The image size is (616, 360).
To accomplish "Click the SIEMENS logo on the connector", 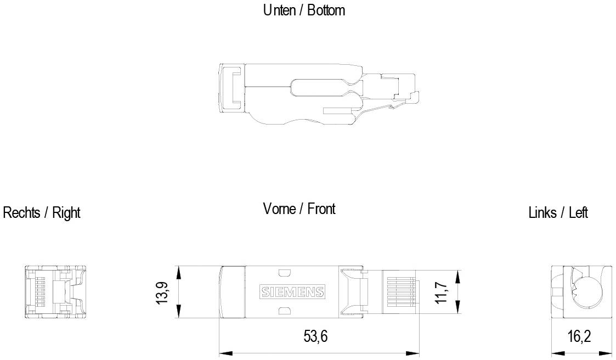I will [291, 292].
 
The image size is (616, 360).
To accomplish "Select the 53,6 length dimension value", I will [315, 336].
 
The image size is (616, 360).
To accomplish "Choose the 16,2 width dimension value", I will [579, 336].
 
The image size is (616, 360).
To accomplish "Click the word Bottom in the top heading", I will [326, 10].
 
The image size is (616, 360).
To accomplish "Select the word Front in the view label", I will [321, 209].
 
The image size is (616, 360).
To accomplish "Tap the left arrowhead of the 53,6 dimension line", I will [222, 353].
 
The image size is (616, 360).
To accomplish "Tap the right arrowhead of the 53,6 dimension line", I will [416, 353].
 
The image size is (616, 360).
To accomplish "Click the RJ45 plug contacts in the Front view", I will [399, 292].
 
